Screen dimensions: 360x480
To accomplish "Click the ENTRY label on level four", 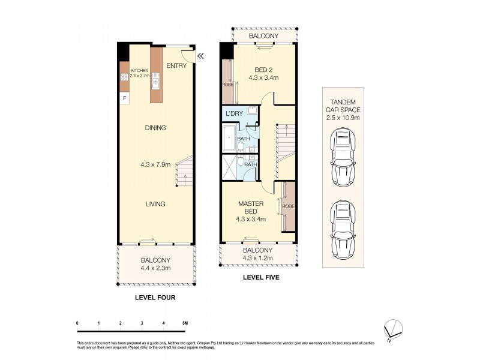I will tap(176, 65).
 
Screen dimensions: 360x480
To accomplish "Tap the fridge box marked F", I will tap(125, 97).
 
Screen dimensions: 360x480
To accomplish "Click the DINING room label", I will tap(155, 128).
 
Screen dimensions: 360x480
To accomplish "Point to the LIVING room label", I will tap(155, 204).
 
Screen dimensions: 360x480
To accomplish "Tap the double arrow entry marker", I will tap(201, 56).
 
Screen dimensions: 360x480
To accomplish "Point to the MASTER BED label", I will tap(251, 208).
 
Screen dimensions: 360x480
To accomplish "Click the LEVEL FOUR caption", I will tap(155, 297).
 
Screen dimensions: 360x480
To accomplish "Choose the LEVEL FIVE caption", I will tap(261, 278).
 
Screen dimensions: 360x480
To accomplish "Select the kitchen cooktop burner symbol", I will tap(125, 77).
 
